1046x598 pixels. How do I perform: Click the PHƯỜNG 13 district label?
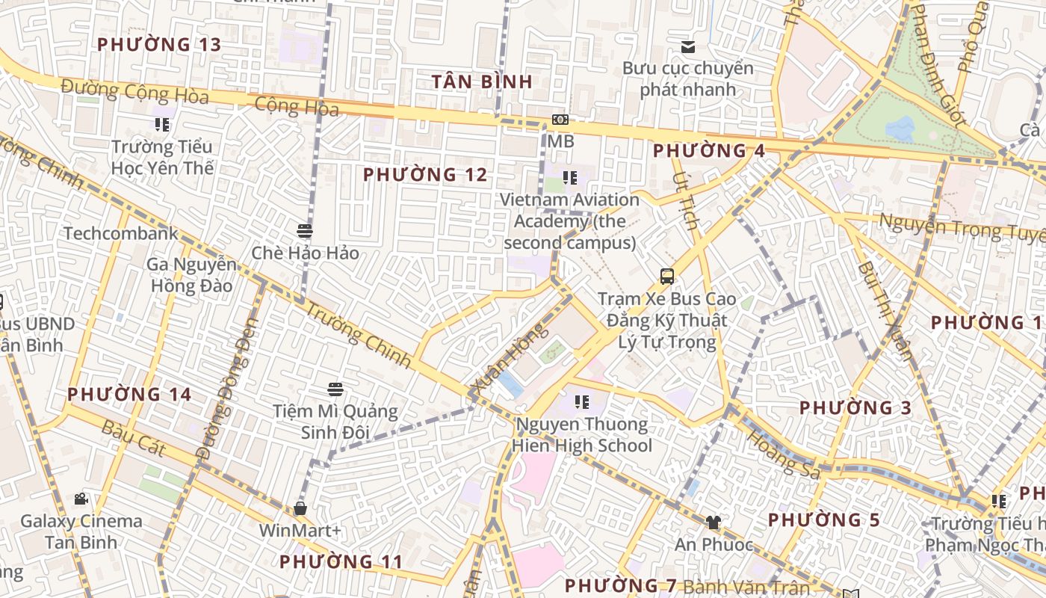click(159, 45)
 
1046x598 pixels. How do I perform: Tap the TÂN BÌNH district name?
click(482, 82)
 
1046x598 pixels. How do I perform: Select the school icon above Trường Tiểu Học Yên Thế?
click(162, 124)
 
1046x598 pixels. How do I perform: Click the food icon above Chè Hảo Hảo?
click(304, 231)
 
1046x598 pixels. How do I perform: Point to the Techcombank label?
click(121, 233)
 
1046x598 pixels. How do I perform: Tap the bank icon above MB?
click(560, 120)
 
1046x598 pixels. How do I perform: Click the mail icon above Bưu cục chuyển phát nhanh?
click(688, 47)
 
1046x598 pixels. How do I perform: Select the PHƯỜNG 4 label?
click(708, 151)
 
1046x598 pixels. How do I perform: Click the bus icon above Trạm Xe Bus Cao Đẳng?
click(666, 277)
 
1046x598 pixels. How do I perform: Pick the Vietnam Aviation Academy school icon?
click(570, 178)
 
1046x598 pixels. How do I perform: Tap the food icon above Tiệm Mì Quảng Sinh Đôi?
click(335, 389)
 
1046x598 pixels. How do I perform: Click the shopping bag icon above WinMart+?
click(300, 509)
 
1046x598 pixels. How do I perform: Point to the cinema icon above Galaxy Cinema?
click(81, 499)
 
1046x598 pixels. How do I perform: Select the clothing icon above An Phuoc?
click(714, 523)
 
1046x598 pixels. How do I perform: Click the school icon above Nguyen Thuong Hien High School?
click(581, 402)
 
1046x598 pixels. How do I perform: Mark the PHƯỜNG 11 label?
click(341, 561)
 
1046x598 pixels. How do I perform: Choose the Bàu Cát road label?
click(132, 438)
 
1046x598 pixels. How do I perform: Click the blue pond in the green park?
click(900, 128)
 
